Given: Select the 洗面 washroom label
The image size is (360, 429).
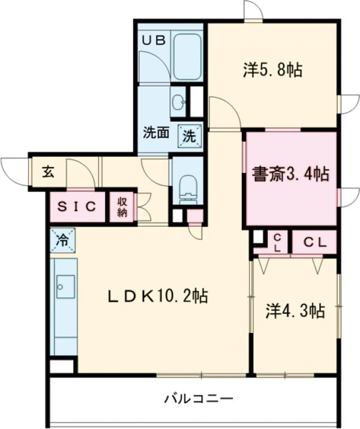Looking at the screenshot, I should pos(155,133).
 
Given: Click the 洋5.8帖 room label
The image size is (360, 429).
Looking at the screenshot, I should pos(272,70).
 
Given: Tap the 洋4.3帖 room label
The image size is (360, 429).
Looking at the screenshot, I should pos(295,311).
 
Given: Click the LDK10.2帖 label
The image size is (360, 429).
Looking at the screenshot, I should pos(158,296).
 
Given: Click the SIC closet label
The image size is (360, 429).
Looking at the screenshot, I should pos(76,207).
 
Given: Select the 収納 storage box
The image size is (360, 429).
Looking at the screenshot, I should pos(122,207).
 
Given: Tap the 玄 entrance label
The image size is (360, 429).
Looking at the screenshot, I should pos(47,172).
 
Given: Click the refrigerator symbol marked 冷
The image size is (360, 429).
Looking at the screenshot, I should pos(62,240).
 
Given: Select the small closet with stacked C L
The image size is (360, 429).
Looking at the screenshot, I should pos(278,242).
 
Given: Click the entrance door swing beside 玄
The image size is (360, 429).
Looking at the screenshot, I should pos(14,165).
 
